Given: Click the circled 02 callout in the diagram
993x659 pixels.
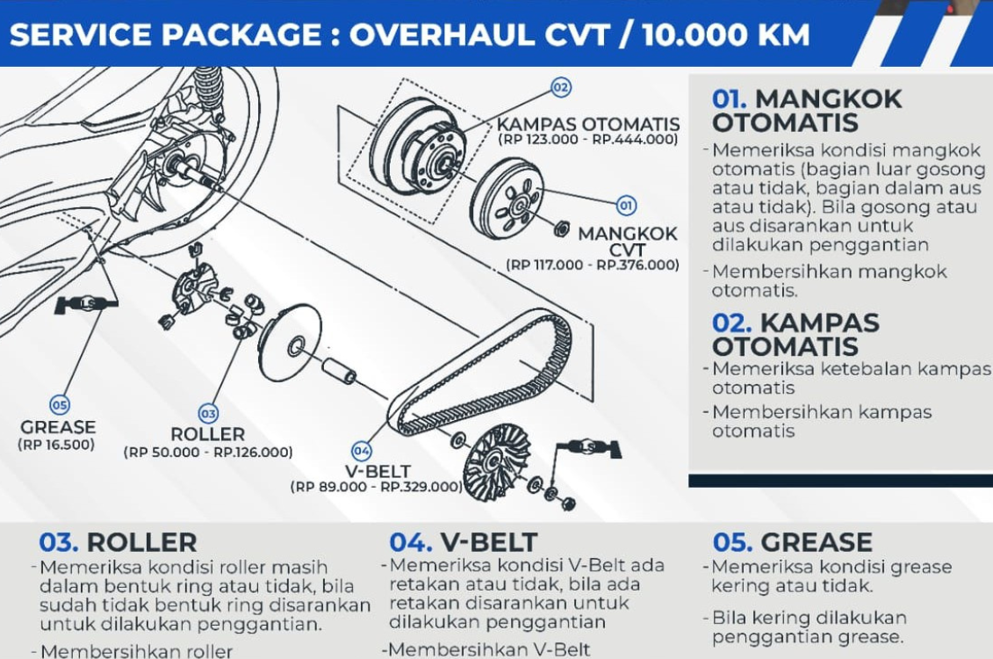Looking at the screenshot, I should tap(560, 87).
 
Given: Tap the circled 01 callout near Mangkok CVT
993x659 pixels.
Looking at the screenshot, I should tap(625, 206).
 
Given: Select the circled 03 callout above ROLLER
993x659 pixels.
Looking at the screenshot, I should tap(208, 413).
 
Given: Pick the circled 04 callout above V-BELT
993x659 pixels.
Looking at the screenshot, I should tap(362, 451).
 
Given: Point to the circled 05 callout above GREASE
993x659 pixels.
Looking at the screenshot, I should tap(59, 405).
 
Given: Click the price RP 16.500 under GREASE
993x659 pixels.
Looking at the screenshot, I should tap(56, 445).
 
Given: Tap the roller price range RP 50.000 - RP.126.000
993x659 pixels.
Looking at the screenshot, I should tap(208, 453).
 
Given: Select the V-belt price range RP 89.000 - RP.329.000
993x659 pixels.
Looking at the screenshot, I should tap(377, 486).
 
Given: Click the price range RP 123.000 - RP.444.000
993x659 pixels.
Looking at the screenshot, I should tap(587, 139).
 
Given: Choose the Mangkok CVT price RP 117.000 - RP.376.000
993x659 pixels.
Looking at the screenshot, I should tap(593, 264).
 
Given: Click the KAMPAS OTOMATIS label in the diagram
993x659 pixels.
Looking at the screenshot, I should tap(587, 124).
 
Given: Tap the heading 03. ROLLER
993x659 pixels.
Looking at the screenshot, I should tap(118, 542).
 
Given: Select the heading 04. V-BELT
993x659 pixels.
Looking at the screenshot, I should tap(463, 542).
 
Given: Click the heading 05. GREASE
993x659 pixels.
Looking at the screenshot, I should tap(792, 542).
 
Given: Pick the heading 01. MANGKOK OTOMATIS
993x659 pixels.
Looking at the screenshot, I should tap(806, 110).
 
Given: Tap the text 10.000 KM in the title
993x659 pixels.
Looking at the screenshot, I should tap(725, 35).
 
